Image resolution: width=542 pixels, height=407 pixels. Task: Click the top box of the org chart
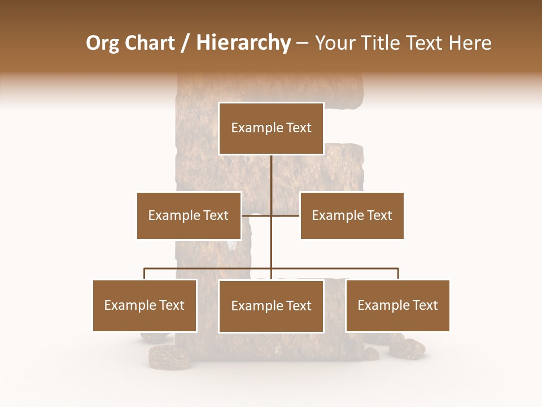[x=271, y=128]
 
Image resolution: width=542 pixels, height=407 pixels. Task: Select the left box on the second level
[x=189, y=215]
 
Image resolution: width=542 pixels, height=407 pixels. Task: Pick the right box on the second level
[x=352, y=215]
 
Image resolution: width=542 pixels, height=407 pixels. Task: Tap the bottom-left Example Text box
[x=145, y=305]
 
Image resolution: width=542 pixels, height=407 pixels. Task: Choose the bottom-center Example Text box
[x=271, y=306]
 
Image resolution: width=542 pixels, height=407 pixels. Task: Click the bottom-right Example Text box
[x=397, y=305]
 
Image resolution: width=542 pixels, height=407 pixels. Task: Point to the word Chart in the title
[x=149, y=43]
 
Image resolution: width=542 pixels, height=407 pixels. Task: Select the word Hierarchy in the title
[x=243, y=43]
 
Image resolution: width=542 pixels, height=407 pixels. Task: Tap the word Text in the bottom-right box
[x=425, y=305]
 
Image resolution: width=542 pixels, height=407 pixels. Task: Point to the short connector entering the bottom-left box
[x=145, y=274]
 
